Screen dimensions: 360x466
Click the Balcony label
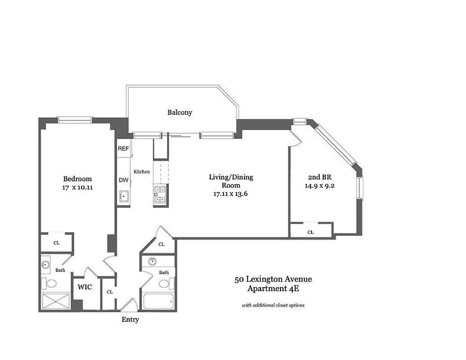tap(180, 112)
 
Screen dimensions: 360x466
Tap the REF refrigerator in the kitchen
tap(123, 149)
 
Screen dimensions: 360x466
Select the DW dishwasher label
tap(123, 180)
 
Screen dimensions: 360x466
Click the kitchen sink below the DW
tap(124, 197)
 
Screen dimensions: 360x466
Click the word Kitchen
tap(141, 171)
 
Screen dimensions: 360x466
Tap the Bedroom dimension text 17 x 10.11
tap(77, 188)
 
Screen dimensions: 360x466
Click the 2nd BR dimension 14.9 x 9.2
tap(321, 184)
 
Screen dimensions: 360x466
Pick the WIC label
tap(85, 287)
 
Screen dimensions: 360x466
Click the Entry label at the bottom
tap(130, 319)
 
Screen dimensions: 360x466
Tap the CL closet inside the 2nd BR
tap(311, 232)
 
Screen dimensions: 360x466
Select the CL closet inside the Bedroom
tap(56, 243)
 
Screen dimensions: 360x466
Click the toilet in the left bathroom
tap(51, 283)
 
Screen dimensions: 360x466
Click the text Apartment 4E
tap(273, 288)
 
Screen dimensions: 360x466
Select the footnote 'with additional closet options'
tap(273, 305)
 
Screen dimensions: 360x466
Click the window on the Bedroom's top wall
tap(75, 120)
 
